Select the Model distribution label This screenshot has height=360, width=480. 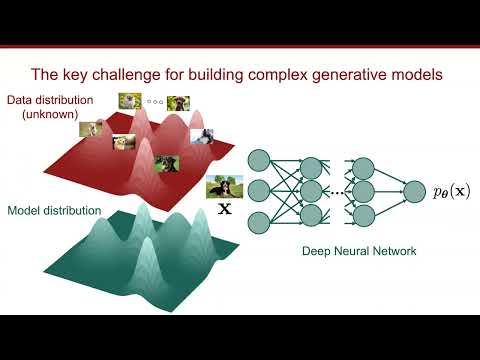click(x=54, y=211)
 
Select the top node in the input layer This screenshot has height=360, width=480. click(x=259, y=159)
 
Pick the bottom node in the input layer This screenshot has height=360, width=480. click(x=259, y=220)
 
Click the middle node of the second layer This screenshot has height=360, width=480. click(x=309, y=189)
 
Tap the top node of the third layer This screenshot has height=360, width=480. click(x=363, y=159)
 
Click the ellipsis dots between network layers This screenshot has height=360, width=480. click(x=336, y=190)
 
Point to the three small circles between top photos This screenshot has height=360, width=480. click(x=154, y=100)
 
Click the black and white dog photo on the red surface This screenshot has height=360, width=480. click(x=202, y=136)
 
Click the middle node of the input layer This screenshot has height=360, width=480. click(x=259, y=189)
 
